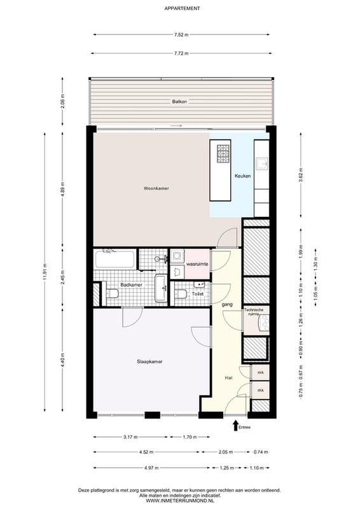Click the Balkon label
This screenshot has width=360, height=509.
(x=179, y=102)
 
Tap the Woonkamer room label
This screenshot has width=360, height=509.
(x=156, y=188)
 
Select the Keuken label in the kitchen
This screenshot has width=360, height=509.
(x=243, y=176)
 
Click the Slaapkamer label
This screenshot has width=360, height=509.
(x=149, y=361)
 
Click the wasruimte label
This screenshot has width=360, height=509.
(x=197, y=264)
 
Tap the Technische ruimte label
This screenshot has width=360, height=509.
(x=254, y=312)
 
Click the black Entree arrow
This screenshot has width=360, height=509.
(x=236, y=426)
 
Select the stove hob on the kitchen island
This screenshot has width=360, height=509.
(x=223, y=154)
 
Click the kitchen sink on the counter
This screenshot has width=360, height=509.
(x=261, y=164)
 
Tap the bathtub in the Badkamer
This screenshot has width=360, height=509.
(x=115, y=260)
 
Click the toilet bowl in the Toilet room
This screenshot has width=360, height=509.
(x=181, y=294)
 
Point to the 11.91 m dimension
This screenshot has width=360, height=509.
(x=45, y=272)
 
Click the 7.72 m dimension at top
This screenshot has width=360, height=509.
(x=181, y=53)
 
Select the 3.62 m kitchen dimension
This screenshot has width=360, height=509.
(x=301, y=175)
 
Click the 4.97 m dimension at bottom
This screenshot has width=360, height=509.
(x=151, y=468)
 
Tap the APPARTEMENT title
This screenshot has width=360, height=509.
(x=182, y=8)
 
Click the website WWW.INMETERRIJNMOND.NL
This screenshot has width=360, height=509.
(x=180, y=501)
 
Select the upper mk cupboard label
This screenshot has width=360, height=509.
(x=260, y=373)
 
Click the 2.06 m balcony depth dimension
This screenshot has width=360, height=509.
(x=63, y=101)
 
